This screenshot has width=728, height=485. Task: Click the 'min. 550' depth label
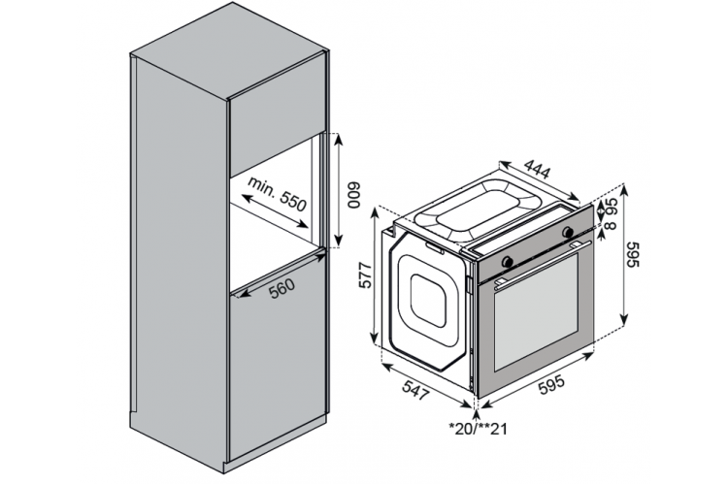pos(278,193)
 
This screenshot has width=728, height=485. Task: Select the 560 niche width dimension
pos(282,288)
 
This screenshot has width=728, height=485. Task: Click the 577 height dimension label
pos(366,275)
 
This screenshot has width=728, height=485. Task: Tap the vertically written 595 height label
pos(633,254)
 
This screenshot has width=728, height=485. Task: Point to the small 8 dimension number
pos(612,225)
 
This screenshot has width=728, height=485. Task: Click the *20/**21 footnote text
pos(479,429)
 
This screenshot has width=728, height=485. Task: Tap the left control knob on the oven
pos(508,261)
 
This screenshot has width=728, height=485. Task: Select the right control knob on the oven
pos(568,232)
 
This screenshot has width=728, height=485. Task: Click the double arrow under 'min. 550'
pos(275,211)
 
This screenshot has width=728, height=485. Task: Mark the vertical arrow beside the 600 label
pos(338,190)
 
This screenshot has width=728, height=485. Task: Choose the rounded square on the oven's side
pos(428,301)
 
